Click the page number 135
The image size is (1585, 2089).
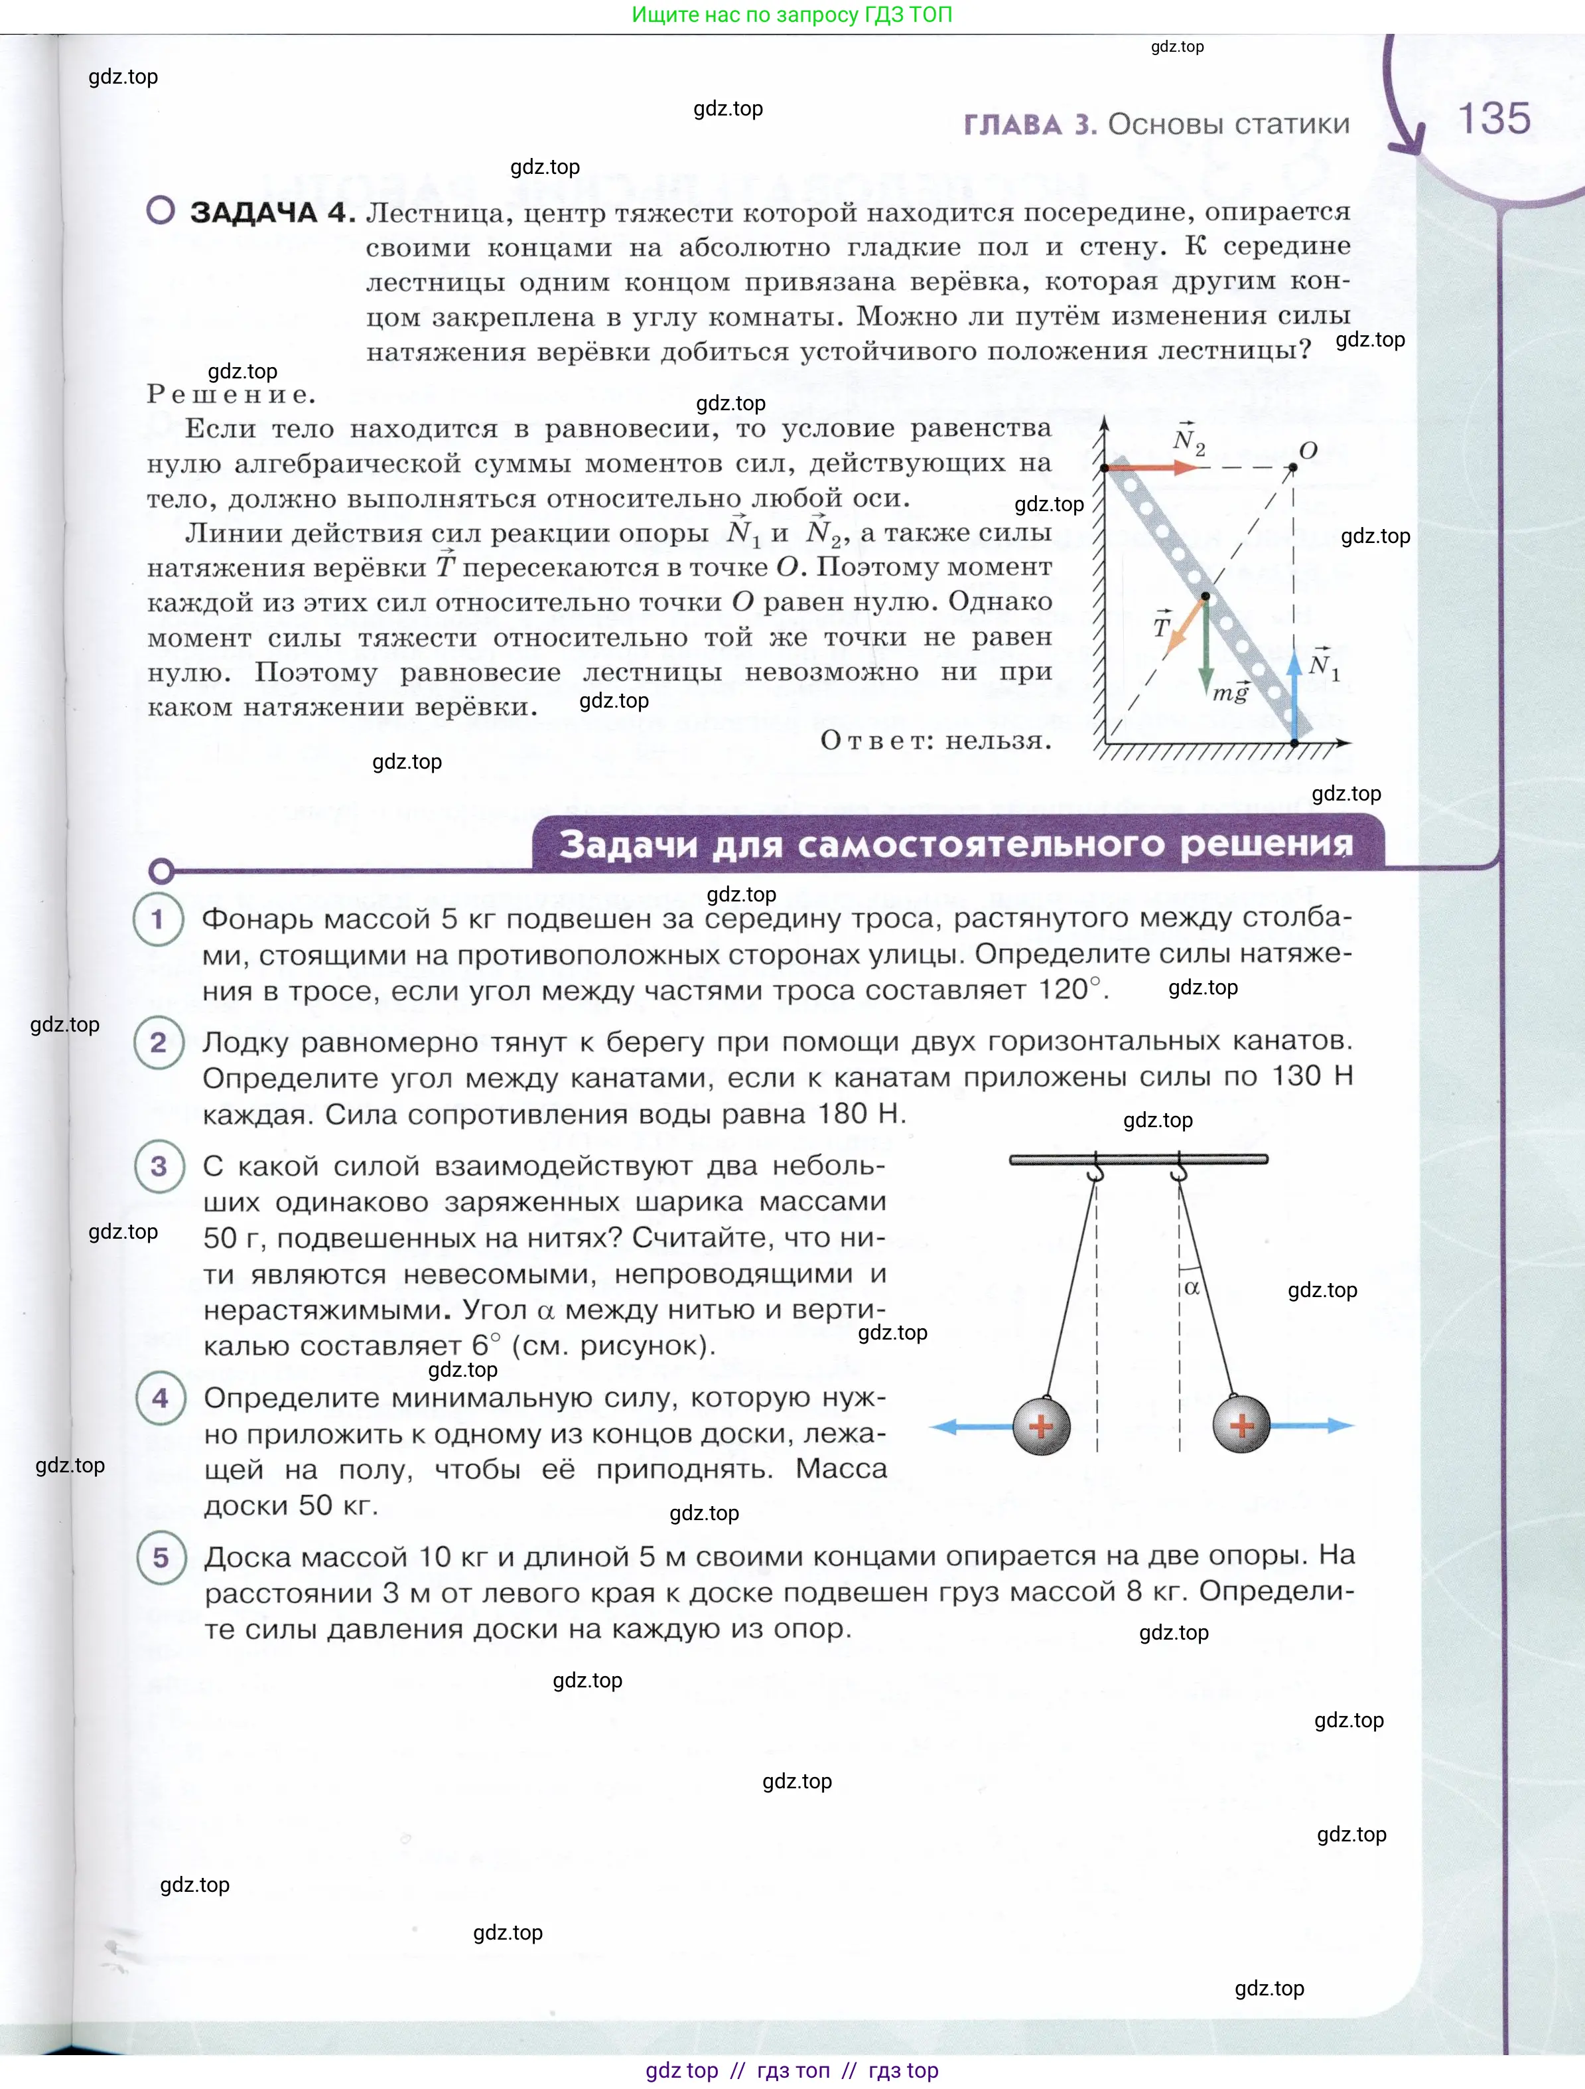coord(1493,119)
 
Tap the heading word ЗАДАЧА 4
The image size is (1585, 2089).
coord(272,212)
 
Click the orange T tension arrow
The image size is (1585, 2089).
coord(1185,627)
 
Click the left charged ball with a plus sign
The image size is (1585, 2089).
coord(1041,1426)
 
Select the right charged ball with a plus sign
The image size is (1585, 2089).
coord(1241,1426)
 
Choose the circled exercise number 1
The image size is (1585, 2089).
coord(159,919)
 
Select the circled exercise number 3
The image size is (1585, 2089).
coord(159,1167)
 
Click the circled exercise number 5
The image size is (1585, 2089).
coord(161,1557)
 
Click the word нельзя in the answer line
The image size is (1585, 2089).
coord(998,740)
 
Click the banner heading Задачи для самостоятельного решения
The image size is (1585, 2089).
coord(956,843)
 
